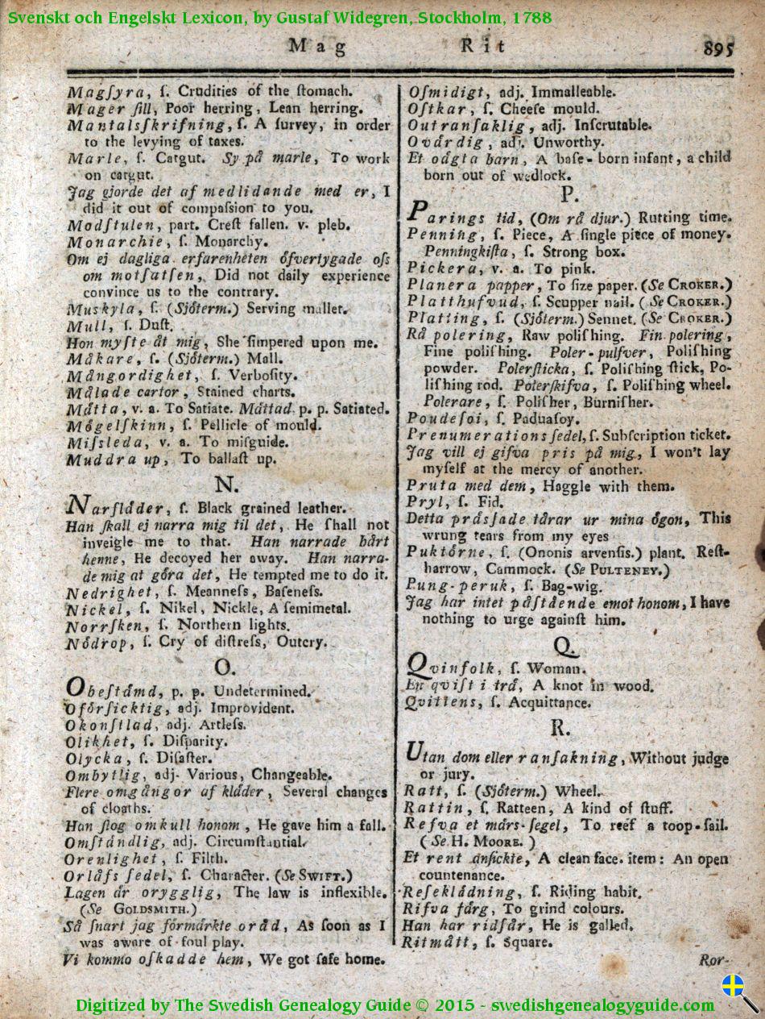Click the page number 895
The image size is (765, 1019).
[718, 48]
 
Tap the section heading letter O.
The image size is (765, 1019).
[225, 667]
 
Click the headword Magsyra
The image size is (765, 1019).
[102, 92]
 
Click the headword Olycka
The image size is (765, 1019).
[94, 758]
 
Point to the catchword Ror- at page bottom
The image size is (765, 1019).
[713, 960]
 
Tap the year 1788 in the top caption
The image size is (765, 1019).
[527, 17]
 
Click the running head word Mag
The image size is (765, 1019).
[317, 46]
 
